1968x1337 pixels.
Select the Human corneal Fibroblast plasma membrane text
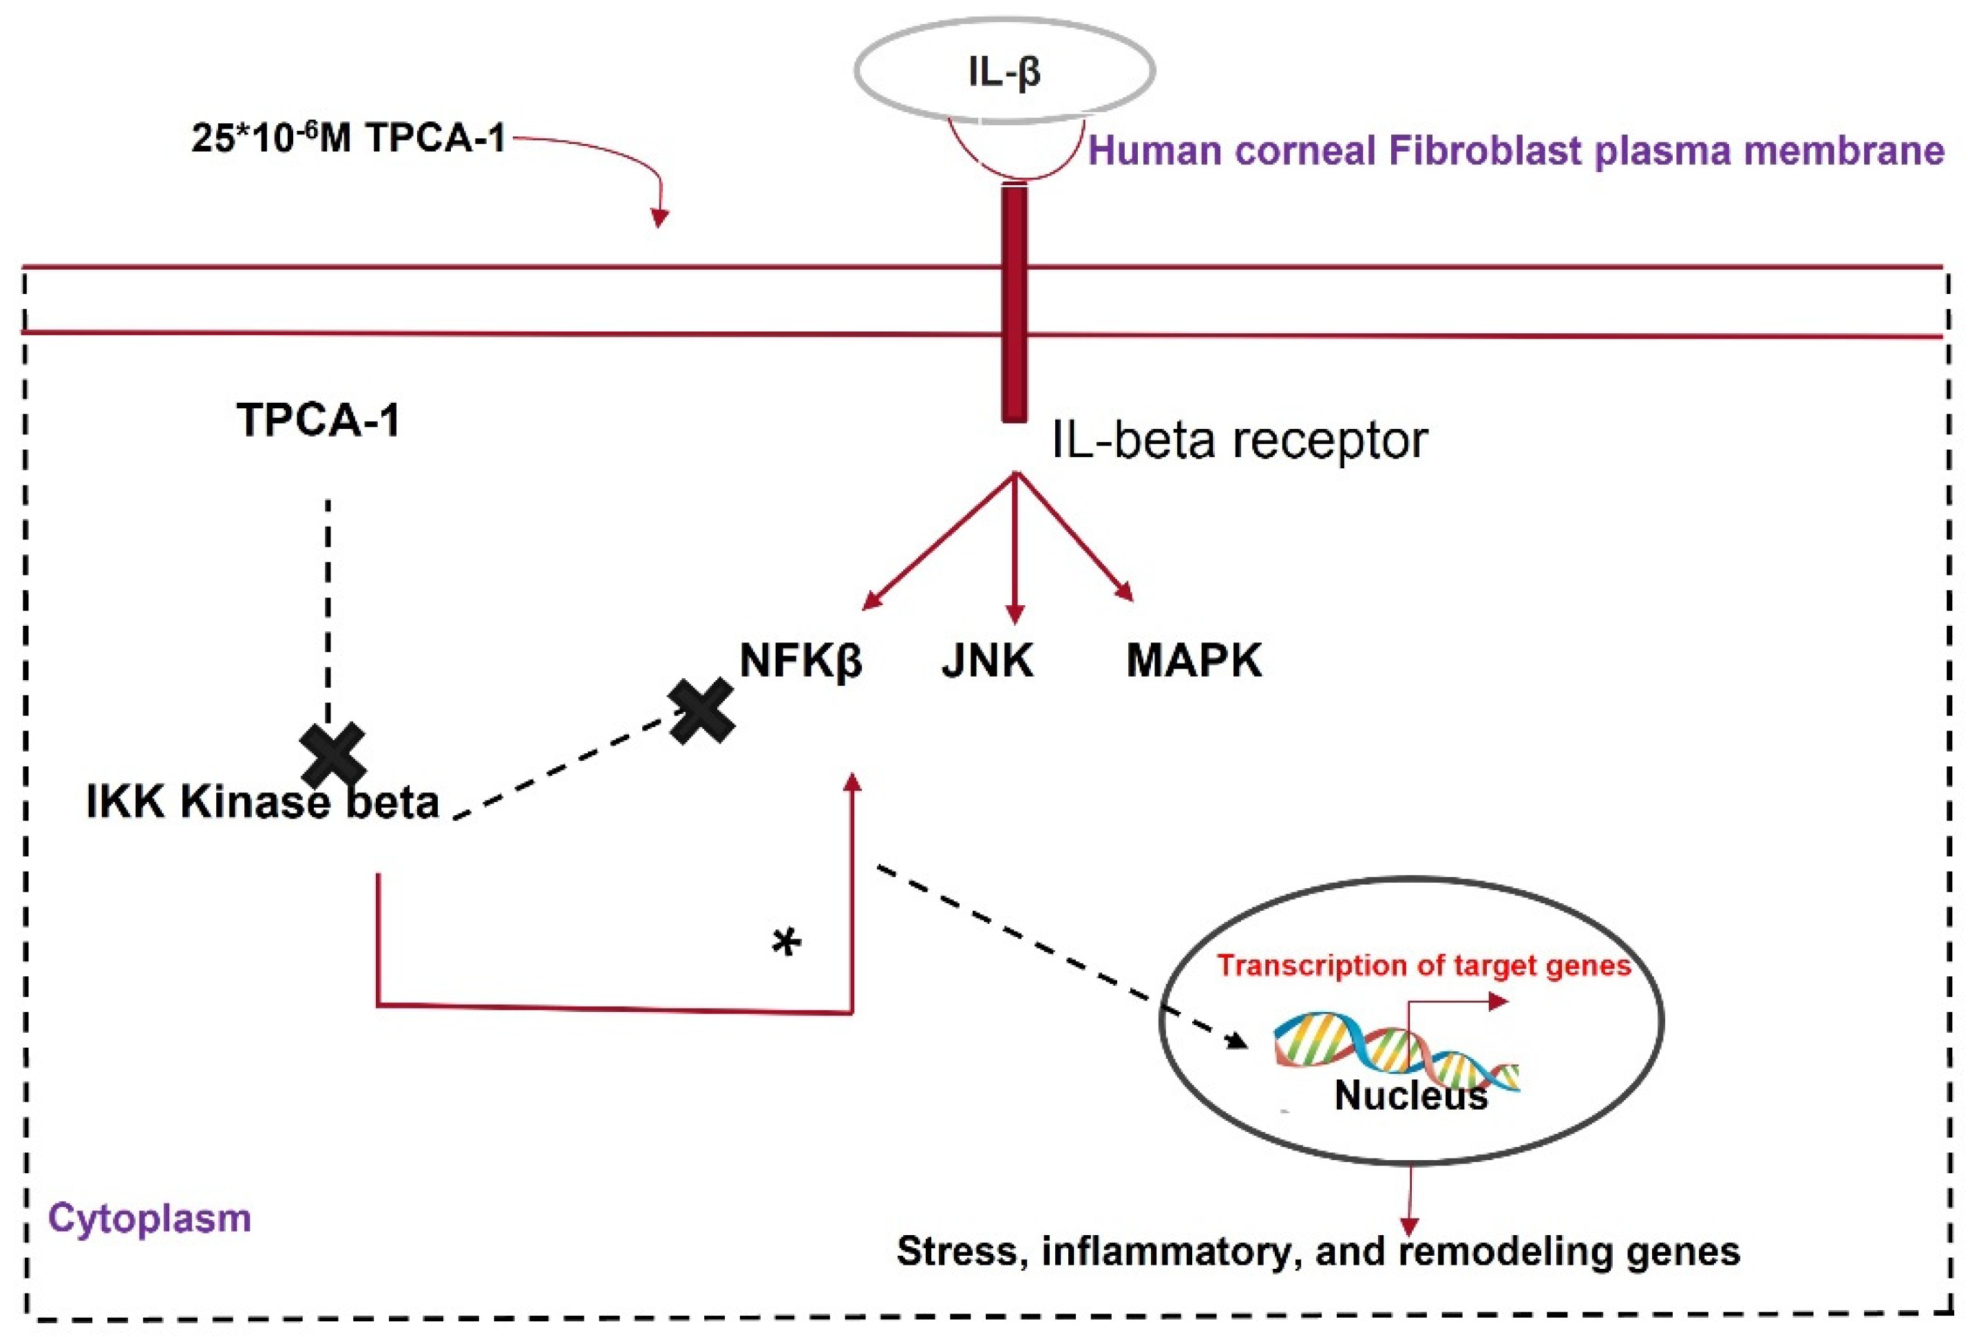[1516, 151]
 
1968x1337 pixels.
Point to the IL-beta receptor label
[1239, 441]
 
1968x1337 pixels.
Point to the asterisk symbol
[787, 943]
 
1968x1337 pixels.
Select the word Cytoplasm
[150, 1219]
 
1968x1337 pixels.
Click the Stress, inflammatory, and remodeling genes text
[1318, 1252]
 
